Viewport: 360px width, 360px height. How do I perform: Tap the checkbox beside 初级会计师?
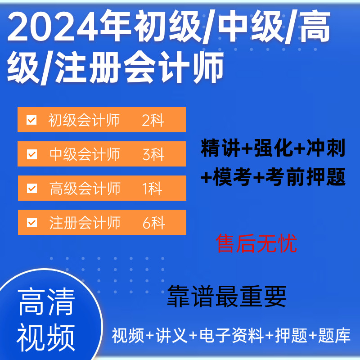click(x=31, y=120)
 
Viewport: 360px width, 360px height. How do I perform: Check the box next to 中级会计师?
click(x=32, y=154)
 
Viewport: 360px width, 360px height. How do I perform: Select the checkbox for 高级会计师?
click(x=32, y=188)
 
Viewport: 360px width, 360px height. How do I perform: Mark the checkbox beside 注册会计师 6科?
click(x=32, y=222)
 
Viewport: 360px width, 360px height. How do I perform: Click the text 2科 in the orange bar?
click(x=153, y=120)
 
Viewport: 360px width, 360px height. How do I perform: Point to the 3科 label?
click(x=153, y=154)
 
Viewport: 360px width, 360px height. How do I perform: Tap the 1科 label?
click(x=152, y=189)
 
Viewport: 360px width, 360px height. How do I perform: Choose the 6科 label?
click(x=153, y=223)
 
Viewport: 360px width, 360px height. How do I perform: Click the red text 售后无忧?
click(x=256, y=243)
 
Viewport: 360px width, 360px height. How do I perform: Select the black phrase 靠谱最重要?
click(x=227, y=296)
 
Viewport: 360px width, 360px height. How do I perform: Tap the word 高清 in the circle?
click(x=46, y=302)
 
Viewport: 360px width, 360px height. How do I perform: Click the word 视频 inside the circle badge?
click(x=46, y=337)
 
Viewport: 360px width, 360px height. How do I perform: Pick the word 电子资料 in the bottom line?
click(x=232, y=336)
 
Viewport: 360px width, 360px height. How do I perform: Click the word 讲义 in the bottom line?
click(x=171, y=336)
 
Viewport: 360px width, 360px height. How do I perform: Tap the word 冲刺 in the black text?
click(x=326, y=148)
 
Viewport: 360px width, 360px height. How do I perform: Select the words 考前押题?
click(x=306, y=177)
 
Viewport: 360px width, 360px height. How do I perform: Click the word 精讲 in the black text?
click(x=220, y=148)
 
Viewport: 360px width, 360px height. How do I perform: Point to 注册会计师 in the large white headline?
click(x=139, y=67)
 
